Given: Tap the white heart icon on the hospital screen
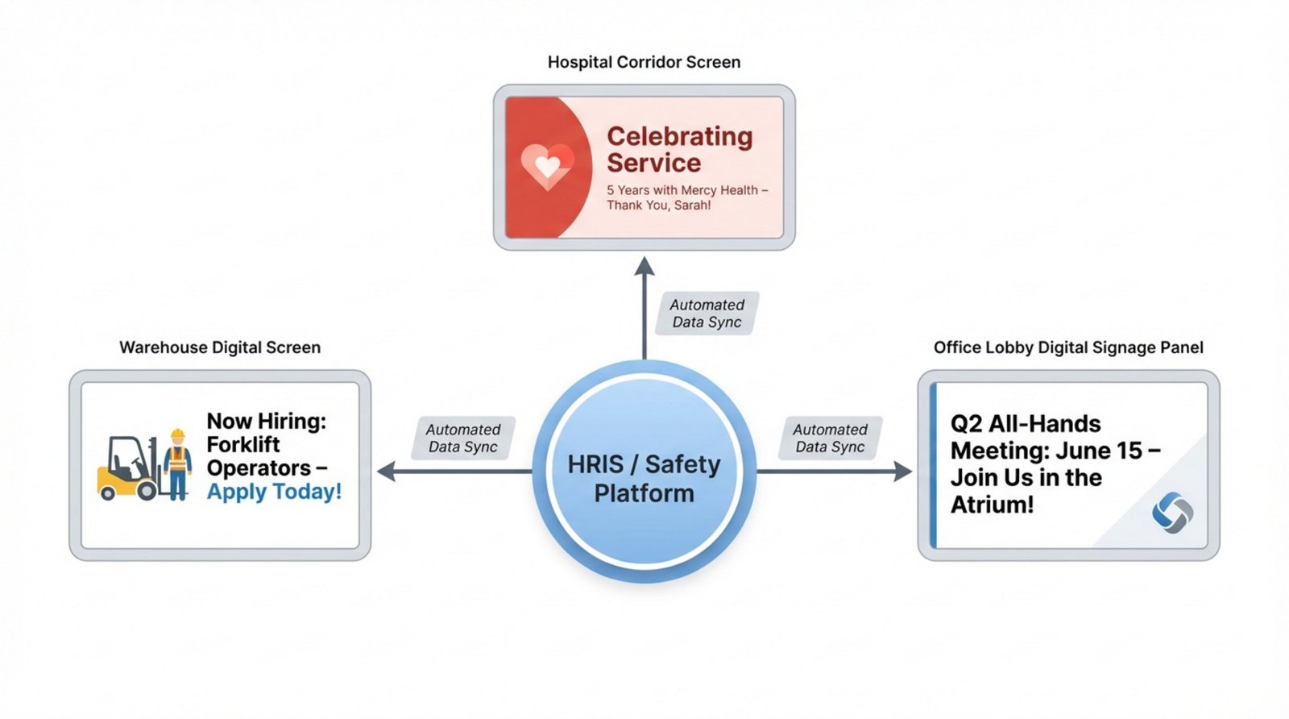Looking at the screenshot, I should pos(547,167).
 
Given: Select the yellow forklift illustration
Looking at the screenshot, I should pos(126,469).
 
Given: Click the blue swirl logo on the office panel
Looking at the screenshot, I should pos(1172,513).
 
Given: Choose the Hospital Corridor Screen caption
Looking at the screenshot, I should pos(644,62).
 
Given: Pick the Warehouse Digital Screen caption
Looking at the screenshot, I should pos(220,347).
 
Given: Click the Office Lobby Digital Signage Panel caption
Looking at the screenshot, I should pos(1068,347).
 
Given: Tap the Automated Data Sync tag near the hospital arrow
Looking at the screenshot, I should pos(707,314).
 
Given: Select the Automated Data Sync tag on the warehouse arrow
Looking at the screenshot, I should pos(463,438).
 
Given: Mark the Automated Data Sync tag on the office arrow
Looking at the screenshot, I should pos(830,438).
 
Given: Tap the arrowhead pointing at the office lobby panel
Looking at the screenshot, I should pos(903,472).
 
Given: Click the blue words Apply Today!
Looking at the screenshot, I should pos(274,492).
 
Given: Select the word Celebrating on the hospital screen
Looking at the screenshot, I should pos(679,136).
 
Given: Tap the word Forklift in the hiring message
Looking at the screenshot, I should pos(243,445).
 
